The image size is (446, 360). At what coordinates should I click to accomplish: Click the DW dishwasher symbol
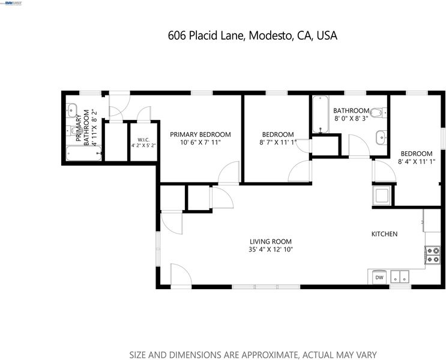(x=379, y=277)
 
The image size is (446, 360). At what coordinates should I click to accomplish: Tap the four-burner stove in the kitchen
(x=432, y=255)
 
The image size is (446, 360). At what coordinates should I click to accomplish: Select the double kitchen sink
(x=400, y=277)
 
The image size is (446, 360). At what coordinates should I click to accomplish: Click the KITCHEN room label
(x=384, y=234)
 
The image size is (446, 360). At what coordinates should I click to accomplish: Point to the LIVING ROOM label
(x=271, y=242)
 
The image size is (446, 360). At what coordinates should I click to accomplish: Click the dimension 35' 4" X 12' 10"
(x=271, y=250)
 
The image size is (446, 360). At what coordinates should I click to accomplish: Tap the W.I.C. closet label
(x=143, y=140)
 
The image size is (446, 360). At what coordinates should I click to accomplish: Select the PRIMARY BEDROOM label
(x=200, y=134)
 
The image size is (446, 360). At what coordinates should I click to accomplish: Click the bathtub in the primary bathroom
(x=84, y=153)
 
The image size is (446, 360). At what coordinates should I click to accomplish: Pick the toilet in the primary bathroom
(x=74, y=131)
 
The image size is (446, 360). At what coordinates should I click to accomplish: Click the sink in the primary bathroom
(x=71, y=110)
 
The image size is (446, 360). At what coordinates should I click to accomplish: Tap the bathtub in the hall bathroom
(x=321, y=115)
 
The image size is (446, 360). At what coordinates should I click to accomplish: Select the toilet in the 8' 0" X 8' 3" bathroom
(x=378, y=113)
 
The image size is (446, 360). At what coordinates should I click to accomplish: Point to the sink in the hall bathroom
(x=381, y=137)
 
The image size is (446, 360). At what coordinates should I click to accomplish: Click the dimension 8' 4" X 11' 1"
(x=417, y=162)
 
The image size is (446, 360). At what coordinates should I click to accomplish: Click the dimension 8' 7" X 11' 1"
(x=278, y=142)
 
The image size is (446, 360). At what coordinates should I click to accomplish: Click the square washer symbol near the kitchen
(x=382, y=196)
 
